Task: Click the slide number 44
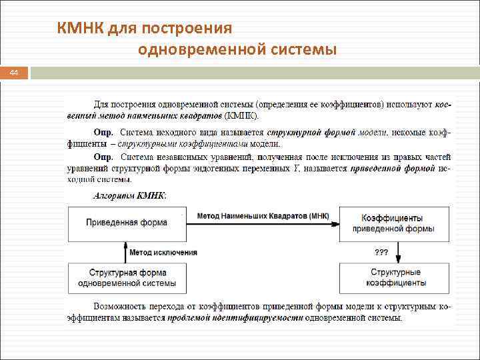pos(14,73)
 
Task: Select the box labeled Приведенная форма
pos(127,223)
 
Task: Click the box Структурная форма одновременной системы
pos(127,277)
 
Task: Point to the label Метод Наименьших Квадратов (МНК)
pos(263,216)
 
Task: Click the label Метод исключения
pos(163,253)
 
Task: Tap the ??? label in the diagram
pos(381,253)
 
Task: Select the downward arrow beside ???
pos(398,252)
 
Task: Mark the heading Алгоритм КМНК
pos(130,196)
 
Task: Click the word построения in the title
pos(193,28)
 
